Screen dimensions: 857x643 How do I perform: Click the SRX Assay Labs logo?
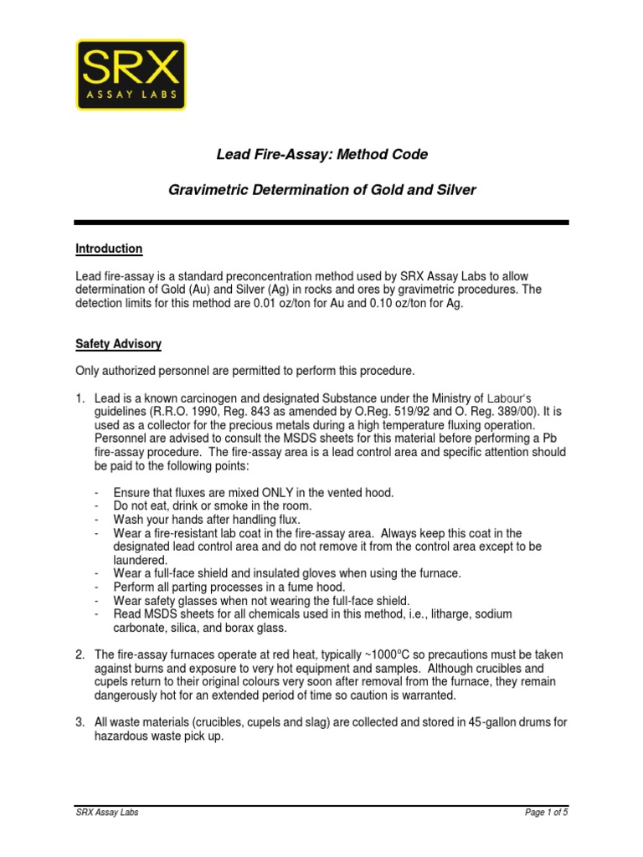click(x=131, y=74)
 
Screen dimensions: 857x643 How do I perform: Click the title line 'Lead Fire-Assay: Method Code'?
click(x=322, y=154)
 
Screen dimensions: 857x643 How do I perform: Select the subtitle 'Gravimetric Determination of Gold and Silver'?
click(x=322, y=190)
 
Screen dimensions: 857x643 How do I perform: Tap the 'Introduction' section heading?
click(x=109, y=249)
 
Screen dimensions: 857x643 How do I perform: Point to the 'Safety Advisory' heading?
click(x=118, y=344)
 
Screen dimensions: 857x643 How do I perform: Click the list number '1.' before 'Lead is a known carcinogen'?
click(x=81, y=398)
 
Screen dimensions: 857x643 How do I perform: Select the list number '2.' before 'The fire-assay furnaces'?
click(x=81, y=654)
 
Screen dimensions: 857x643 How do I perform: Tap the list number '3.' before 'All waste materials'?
click(x=81, y=722)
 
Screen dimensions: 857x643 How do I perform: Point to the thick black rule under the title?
click(x=321, y=222)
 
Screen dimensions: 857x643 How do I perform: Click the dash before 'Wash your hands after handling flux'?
click(x=98, y=520)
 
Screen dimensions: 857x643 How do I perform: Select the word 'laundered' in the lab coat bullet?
click(x=140, y=560)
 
